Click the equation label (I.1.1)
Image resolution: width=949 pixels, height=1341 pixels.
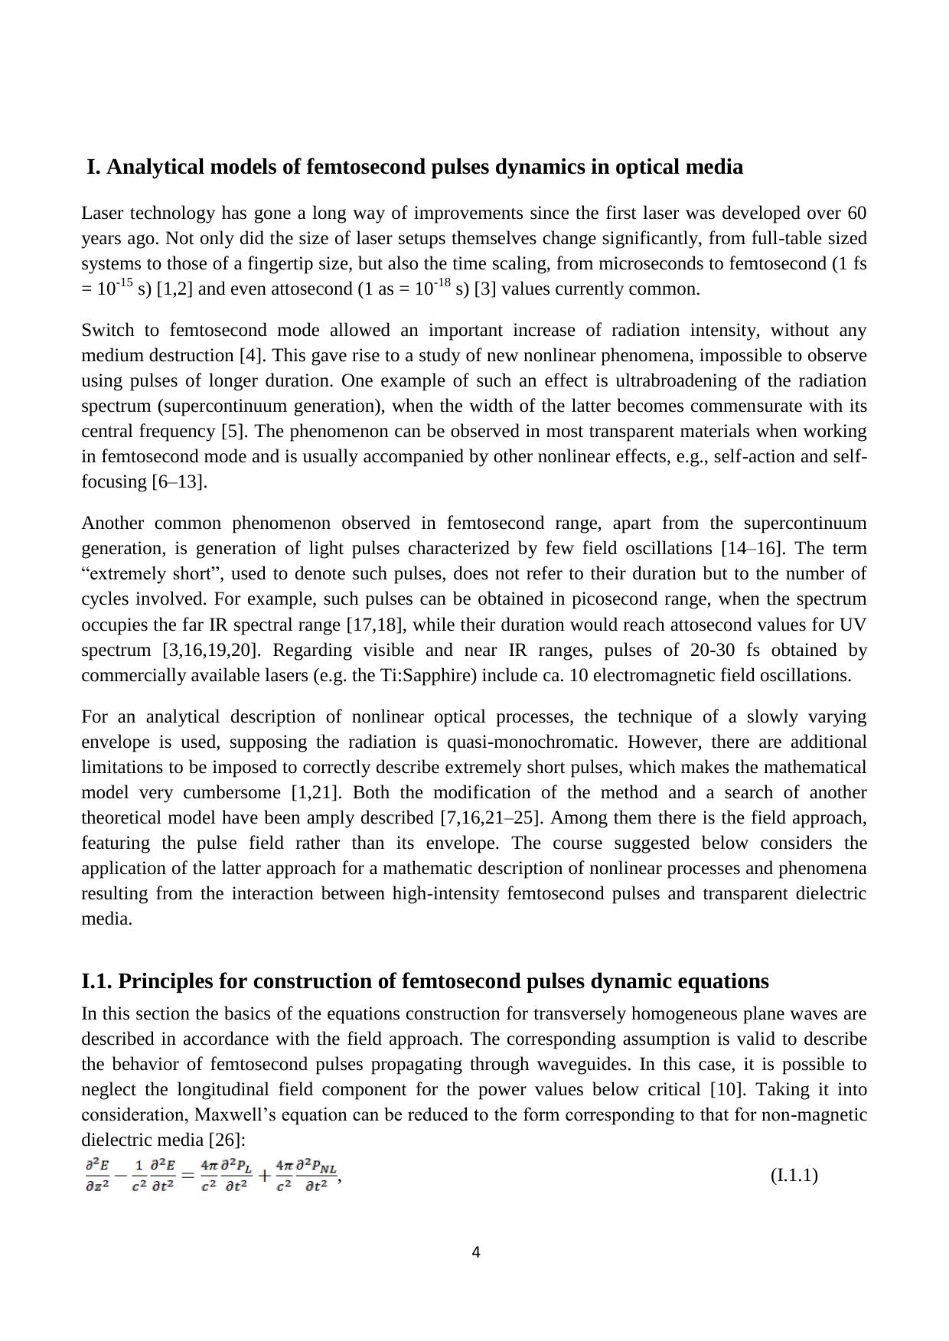(x=794, y=1175)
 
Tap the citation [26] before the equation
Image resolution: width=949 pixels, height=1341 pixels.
(x=227, y=1140)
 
